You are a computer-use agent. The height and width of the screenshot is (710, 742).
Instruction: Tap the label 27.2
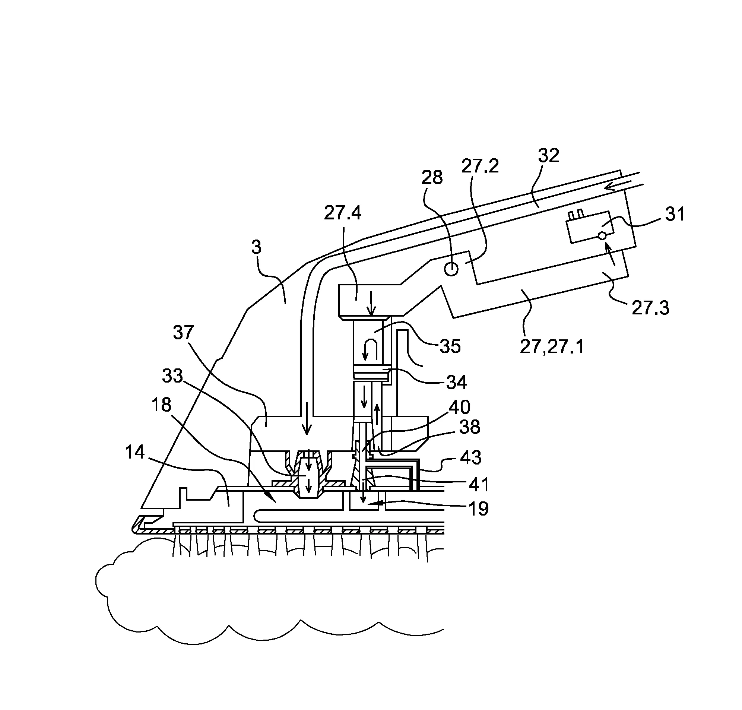[x=480, y=166]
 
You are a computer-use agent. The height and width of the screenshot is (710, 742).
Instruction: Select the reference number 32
[x=548, y=156]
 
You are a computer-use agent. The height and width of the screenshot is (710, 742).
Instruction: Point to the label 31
[x=675, y=214]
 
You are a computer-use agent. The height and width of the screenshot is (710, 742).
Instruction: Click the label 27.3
[x=650, y=308]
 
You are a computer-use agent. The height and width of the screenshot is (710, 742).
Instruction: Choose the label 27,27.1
[x=552, y=347]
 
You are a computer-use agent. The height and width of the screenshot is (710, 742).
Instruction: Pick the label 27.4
[x=342, y=213]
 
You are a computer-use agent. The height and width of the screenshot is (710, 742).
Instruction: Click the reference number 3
[x=256, y=248]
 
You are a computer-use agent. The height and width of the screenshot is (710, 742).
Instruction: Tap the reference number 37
[x=183, y=333]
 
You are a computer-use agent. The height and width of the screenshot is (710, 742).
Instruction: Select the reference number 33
[x=172, y=376]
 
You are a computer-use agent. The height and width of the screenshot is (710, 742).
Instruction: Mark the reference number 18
[x=161, y=405]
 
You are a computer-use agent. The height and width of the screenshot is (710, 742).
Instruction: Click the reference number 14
[x=135, y=452]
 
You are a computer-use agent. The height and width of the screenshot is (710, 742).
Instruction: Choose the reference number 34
[x=456, y=383]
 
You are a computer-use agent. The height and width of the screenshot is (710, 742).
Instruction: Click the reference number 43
[x=470, y=457]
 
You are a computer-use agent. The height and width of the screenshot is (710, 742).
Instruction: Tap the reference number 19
[x=479, y=509]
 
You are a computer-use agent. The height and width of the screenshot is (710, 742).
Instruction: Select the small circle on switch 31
[x=602, y=236]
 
